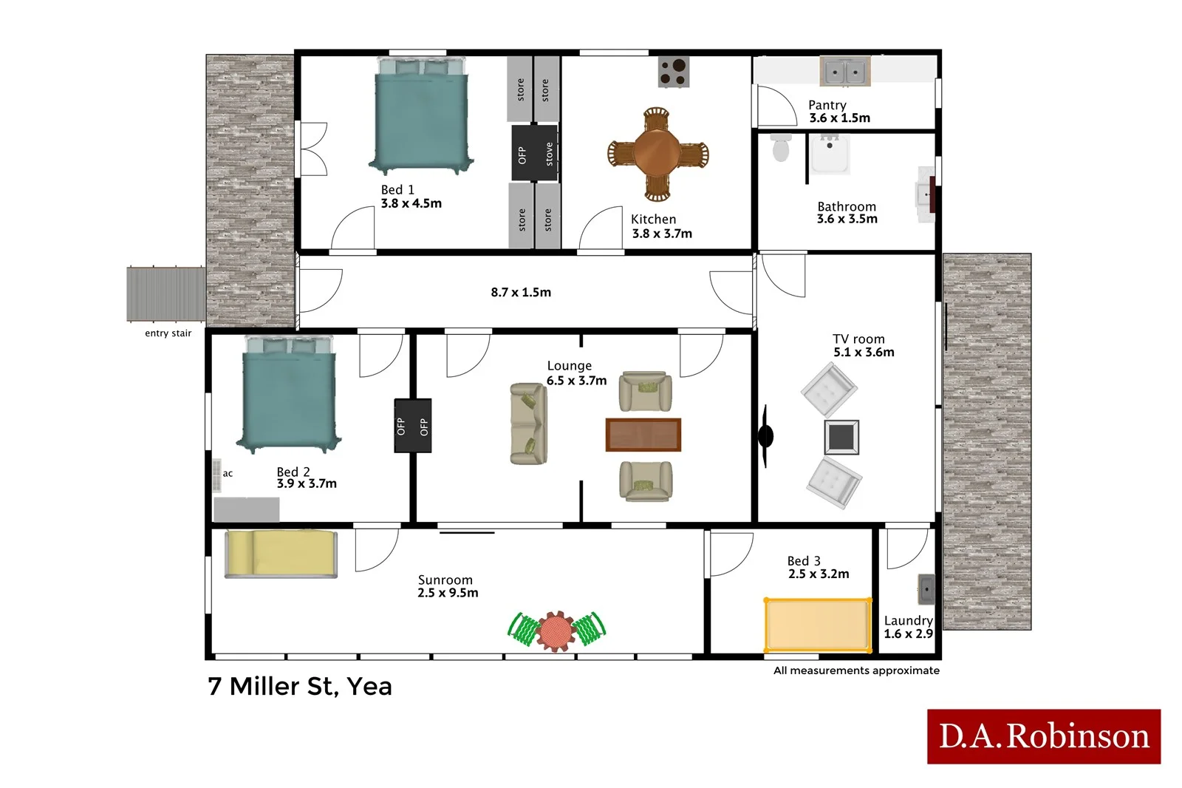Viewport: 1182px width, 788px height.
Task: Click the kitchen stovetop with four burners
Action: [673, 72]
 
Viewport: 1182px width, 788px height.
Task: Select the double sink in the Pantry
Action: [844, 72]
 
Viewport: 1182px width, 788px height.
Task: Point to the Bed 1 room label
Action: [397, 190]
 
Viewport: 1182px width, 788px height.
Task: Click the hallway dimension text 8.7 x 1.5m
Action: [521, 292]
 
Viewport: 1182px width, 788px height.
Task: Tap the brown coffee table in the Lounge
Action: [643, 435]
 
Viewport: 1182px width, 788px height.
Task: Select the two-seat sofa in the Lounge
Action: [528, 424]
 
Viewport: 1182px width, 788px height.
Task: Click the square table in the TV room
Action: [841, 437]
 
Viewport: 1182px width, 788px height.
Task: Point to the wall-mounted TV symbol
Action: [765, 436]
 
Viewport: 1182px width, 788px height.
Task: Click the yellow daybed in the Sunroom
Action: [281, 554]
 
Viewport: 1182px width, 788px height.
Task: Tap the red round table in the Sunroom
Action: [556, 631]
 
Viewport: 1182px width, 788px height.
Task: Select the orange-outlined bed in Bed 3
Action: [818, 625]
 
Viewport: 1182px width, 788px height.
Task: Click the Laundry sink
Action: [926, 589]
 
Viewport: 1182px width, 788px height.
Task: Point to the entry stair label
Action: [168, 333]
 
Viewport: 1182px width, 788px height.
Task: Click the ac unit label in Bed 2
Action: [228, 474]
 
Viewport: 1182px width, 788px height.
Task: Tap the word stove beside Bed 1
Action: [549, 154]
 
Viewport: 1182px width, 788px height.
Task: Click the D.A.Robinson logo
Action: [1043, 736]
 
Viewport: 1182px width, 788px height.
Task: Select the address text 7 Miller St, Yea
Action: [300, 686]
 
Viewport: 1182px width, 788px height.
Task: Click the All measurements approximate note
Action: [856, 670]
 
